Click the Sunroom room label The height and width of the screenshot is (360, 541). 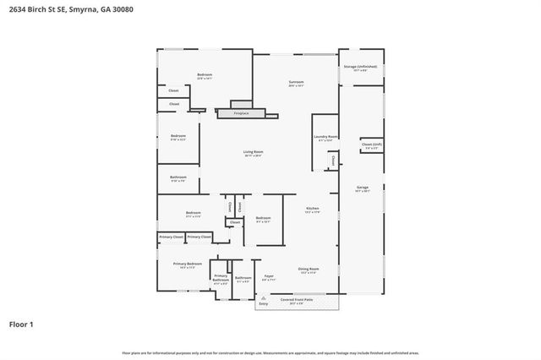pyautogui.click(x=295, y=81)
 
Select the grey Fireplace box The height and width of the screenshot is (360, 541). pyautogui.click(x=242, y=112)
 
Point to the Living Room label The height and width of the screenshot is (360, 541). pyautogui.click(x=253, y=152)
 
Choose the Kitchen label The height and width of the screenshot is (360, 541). pyautogui.click(x=312, y=208)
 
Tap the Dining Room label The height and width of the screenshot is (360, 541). pyautogui.click(x=308, y=270)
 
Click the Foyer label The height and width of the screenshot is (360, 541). pyautogui.click(x=269, y=275)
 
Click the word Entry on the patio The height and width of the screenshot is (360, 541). pyautogui.click(x=263, y=303)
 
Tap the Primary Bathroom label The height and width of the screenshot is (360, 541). pyautogui.click(x=221, y=279)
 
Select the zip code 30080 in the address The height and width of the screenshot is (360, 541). pyautogui.click(x=121, y=8)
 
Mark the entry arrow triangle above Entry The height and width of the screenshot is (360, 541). pyautogui.click(x=263, y=298)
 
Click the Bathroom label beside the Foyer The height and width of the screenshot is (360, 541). pyautogui.click(x=243, y=278)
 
